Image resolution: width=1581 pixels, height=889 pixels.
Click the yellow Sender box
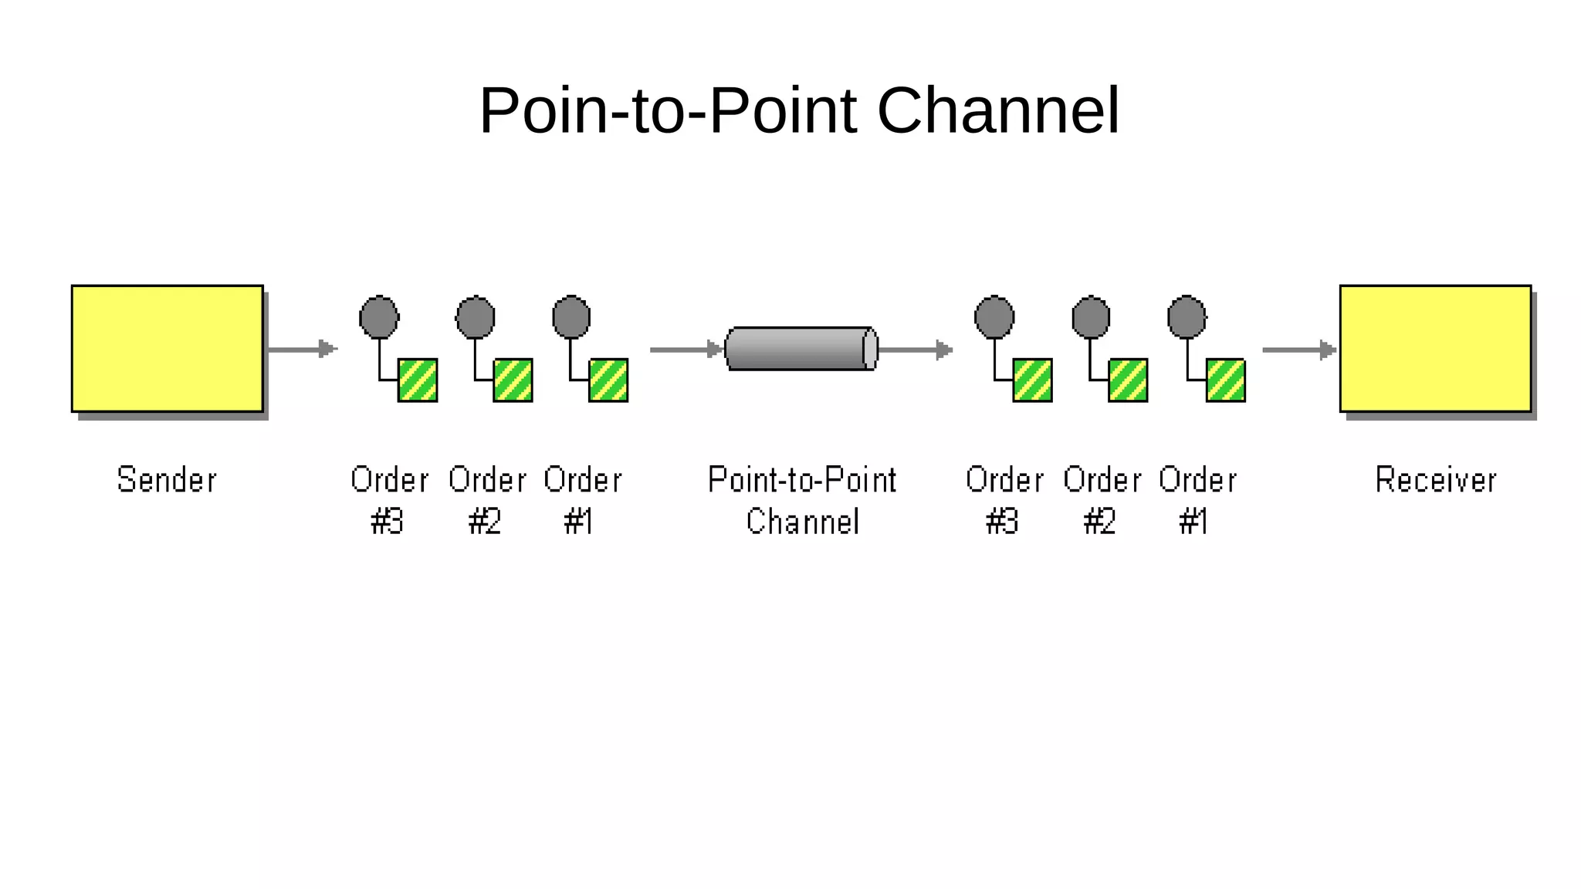(x=167, y=348)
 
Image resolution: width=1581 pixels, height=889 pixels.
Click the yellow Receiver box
(x=1435, y=348)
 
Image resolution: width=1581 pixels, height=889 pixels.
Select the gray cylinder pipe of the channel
(x=801, y=349)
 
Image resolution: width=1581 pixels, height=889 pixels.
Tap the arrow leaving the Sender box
(x=303, y=350)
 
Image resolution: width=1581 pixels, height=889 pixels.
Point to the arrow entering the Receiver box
(x=1298, y=350)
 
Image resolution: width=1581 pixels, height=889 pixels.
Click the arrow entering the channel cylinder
(x=686, y=350)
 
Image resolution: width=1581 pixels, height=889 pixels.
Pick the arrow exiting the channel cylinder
(x=916, y=350)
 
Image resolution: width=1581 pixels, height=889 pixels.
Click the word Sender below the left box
(x=167, y=480)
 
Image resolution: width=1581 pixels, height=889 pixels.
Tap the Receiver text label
(x=1436, y=480)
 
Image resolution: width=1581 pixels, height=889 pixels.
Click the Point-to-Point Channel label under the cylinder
(x=802, y=500)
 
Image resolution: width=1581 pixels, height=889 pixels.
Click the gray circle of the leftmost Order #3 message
(x=379, y=317)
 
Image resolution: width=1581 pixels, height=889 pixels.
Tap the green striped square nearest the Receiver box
(x=1225, y=380)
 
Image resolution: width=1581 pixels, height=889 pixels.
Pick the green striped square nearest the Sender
(x=418, y=380)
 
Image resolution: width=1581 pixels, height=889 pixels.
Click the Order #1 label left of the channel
(x=582, y=500)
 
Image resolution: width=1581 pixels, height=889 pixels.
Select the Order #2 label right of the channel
(x=1102, y=500)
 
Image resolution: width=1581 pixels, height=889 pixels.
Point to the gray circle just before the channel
(x=571, y=317)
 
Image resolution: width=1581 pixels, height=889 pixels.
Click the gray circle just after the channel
(x=994, y=317)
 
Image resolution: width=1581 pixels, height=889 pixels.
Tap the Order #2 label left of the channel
(x=487, y=500)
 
